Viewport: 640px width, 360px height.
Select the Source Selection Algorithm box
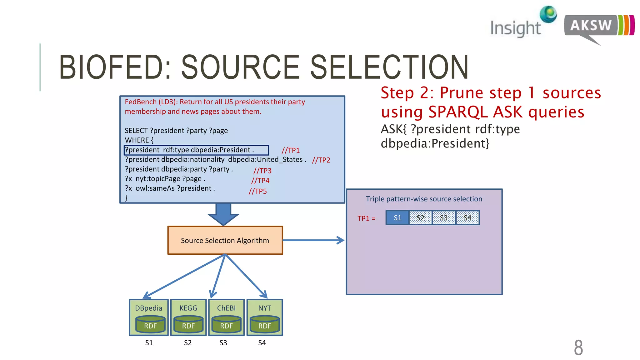(225, 240)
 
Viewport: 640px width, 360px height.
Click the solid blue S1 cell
(397, 218)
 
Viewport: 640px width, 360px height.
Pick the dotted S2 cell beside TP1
(421, 218)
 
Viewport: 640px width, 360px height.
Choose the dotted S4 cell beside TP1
(467, 218)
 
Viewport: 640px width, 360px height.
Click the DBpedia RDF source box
(149, 317)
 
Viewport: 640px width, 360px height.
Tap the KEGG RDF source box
(188, 317)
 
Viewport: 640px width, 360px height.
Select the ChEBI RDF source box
(226, 317)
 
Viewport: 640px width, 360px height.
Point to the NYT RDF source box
(265, 317)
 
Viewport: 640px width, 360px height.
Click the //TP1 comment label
(291, 151)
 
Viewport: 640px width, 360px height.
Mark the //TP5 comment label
(258, 192)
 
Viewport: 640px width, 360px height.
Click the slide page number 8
(578, 347)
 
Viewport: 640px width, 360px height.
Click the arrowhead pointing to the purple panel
(340, 240)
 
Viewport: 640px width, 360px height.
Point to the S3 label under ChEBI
(223, 343)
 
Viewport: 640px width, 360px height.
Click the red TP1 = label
(367, 218)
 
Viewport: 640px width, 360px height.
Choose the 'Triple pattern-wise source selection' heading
(424, 199)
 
